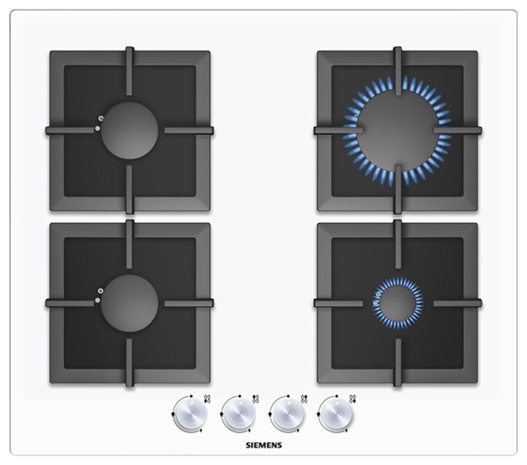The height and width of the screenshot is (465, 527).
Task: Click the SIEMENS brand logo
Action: [263, 446]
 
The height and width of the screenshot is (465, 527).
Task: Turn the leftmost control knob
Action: [191, 414]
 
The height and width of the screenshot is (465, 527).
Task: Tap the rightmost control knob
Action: [336, 414]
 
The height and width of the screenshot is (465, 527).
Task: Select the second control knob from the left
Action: [240, 414]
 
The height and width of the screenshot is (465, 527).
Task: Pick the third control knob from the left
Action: [288, 414]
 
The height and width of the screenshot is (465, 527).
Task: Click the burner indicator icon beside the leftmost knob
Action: [207, 399]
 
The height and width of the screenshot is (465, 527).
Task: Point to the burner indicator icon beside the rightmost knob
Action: [353, 399]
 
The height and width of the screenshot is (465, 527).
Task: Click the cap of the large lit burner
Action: [397, 130]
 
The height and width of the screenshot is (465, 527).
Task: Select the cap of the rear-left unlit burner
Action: [130, 130]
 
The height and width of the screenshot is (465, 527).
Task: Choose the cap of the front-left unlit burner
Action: [130, 303]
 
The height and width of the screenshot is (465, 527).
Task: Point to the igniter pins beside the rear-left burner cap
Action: [99, 122]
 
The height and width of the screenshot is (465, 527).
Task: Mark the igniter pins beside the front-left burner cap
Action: [99, 295]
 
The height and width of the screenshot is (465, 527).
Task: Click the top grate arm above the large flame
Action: [398, 71]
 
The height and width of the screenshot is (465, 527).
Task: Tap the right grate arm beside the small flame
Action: [458, 303]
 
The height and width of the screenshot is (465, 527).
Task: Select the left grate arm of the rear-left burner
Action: [70, 130]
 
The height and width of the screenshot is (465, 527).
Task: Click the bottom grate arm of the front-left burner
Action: [130, 363]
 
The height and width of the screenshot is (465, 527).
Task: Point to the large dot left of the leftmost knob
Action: [172, 414]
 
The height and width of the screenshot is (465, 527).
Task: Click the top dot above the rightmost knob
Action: [336, 396]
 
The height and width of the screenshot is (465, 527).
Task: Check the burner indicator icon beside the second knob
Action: [256, 399]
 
